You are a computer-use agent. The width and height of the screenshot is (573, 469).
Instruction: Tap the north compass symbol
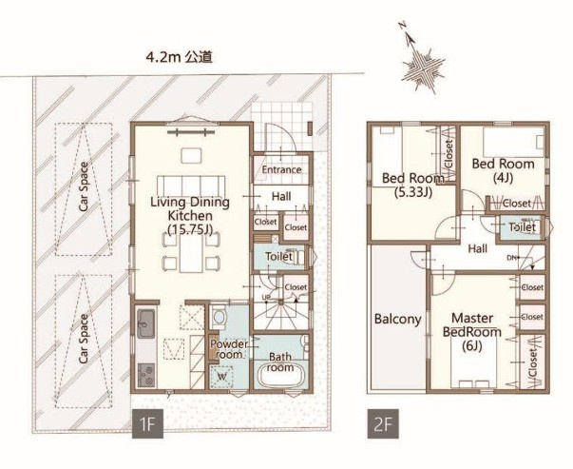tap(421, 64)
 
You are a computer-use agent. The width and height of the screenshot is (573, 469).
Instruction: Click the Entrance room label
tap(281, 169)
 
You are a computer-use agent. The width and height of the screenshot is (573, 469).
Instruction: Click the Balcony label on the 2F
tap(397, 320)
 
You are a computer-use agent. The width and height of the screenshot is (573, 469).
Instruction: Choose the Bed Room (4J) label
tap(502, 169)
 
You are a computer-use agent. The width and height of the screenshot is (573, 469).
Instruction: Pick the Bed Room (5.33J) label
tap(413, 185)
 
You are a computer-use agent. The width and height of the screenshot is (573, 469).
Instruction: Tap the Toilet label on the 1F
tap(277, 257)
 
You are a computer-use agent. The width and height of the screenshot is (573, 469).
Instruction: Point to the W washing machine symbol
tap(221, 375)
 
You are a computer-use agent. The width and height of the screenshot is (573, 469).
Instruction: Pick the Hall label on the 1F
tap(281, 196)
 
